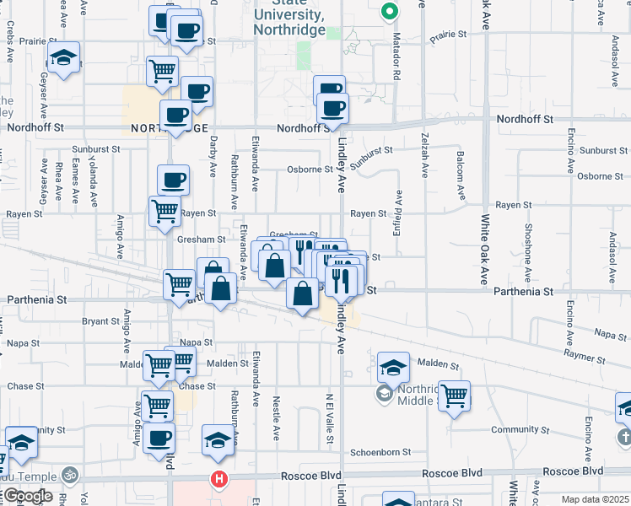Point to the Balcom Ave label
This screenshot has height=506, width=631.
[461, 177]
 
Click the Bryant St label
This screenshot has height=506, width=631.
[100, 321]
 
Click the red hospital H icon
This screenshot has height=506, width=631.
[219, 480]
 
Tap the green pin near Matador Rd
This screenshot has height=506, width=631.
[388, 12]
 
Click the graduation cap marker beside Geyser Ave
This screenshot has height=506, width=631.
[62, 58]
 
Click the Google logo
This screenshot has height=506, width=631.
[27, 496]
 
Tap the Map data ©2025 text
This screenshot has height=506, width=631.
[595, 499]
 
